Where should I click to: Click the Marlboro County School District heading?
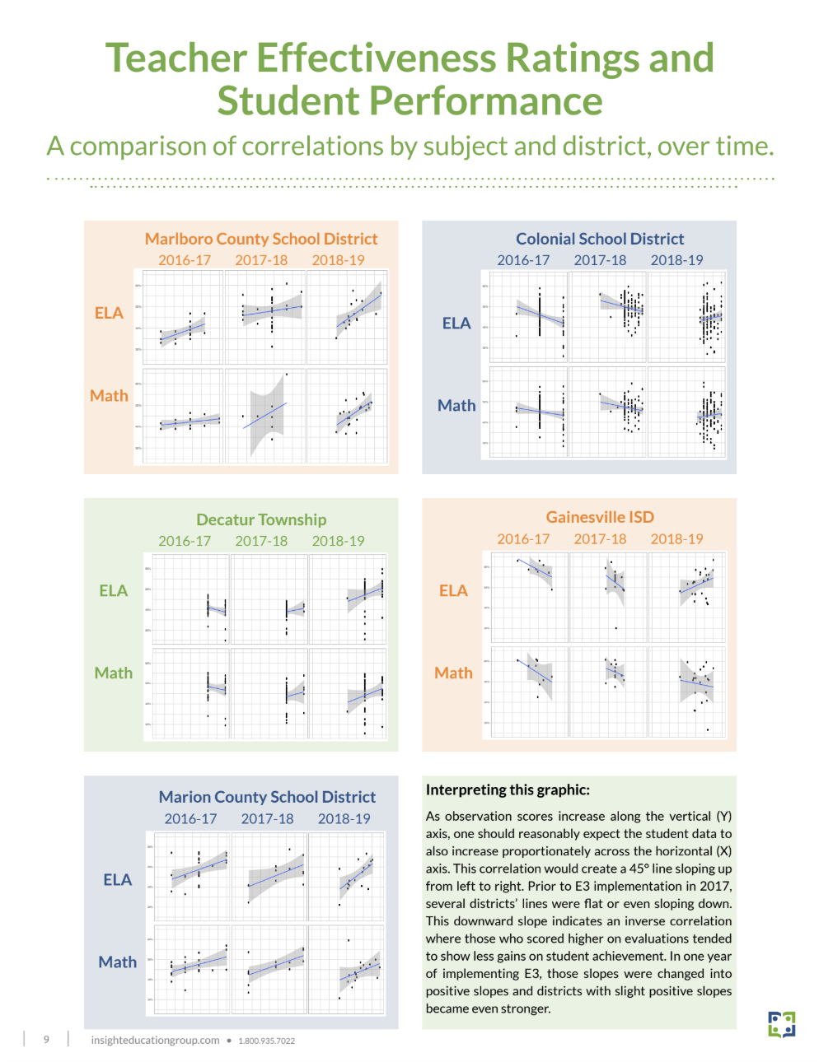coord(261,239)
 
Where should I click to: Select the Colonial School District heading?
coord(600,239)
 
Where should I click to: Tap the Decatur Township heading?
coord(261,519)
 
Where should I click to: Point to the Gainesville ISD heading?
coord(600,517)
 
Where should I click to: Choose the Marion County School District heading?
coord(267,797)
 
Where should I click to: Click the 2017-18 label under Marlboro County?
coord(261,260)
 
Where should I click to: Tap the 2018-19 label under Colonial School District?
coord(676,260)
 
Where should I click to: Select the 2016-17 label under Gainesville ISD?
coord(523,539)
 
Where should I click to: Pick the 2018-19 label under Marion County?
coord(344,819)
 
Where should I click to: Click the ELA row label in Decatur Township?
coord(114,591)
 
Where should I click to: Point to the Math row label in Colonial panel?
coord(456,405)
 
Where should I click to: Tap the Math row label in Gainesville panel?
coord(453,673)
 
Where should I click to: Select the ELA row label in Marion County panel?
coord(118,879)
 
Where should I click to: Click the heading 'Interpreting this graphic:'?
coord(508,790)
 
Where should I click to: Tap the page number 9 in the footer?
coord(46,1040)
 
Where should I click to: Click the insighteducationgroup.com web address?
coord(155,1041)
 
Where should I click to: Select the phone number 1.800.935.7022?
coord(266,1041)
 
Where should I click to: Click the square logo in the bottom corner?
coord(781,1025)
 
